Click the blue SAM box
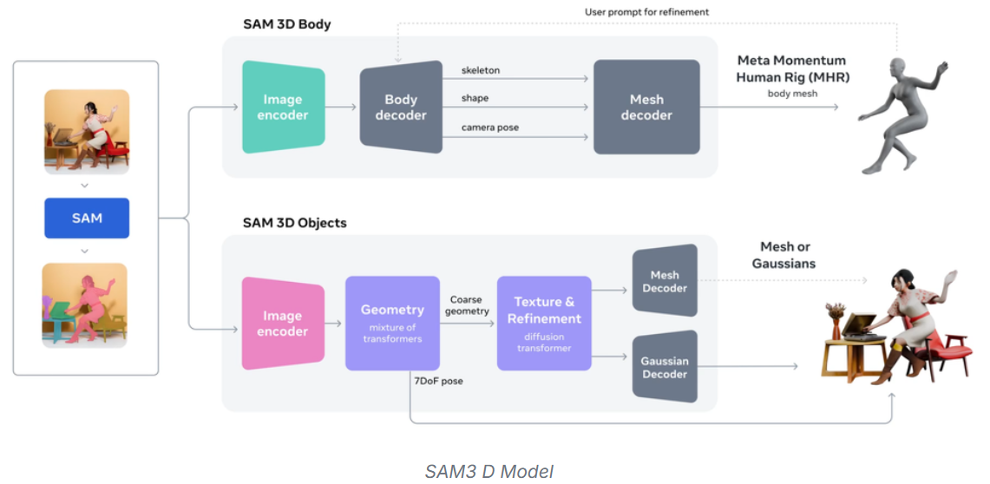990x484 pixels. click(87, 219)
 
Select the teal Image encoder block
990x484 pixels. click(283, 107)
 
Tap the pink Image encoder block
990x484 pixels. click(283, 324)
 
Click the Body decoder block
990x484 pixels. click(400, 107)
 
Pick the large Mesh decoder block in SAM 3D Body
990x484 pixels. click(646, 107)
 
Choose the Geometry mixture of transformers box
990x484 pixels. click(392, 323)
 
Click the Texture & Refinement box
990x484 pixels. click(544, 323)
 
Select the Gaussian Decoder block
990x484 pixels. click(665, 367)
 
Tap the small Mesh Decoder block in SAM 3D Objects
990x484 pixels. click(665, 281)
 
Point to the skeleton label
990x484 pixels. click(481, 70)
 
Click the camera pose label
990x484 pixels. click(490, 128)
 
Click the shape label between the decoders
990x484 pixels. click(475, 99)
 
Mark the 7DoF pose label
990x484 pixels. click(439, 381)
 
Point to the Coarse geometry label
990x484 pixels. click(469, 304)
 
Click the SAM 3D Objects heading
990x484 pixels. click(294, 223)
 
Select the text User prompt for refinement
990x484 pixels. click(646, 12)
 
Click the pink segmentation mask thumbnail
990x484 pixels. click(85, 305)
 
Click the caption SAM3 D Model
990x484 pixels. click(488, 471)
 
